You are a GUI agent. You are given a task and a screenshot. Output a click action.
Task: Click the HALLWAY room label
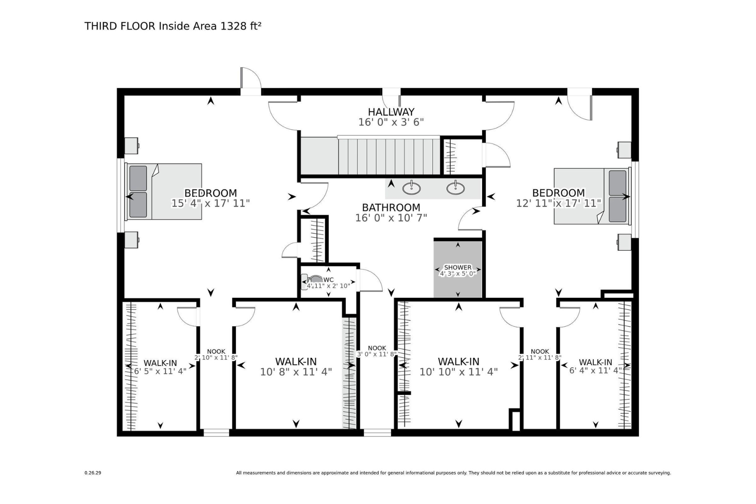pos(391,112)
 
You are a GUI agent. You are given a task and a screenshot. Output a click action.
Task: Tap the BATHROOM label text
pos(391,207)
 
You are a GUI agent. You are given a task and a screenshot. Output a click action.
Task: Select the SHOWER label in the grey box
pos(458,267)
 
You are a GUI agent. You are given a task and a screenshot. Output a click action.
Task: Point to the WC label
pos(329,280)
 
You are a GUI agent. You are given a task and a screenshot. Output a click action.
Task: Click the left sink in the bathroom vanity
pos(412,188)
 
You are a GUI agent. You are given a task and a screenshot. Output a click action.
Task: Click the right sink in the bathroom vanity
pos(456,188)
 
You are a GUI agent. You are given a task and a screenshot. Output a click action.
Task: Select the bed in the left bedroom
pos(164,191)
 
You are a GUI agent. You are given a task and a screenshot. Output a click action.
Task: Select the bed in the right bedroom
pos(592,196)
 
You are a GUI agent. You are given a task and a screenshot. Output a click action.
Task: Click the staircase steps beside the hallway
pos(389,155)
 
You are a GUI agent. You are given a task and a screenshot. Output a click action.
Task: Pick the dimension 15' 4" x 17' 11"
pos(210,203)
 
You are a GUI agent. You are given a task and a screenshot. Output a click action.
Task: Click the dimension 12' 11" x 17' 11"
pos(559,203)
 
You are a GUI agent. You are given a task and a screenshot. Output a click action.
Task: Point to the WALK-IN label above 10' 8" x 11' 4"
pos(296,362)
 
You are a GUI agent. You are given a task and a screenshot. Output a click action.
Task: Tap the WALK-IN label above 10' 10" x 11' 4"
pos(459,362)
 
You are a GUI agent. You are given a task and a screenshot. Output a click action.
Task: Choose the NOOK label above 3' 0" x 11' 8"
pos(377,348)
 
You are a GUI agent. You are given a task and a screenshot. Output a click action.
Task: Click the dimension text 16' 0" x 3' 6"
pos(391,122)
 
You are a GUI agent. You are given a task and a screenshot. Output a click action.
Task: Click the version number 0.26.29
pos(93,473)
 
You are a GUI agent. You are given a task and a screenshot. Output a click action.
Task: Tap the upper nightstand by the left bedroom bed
pos(131,145)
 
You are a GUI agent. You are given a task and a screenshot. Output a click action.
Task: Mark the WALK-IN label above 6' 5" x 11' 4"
pos(160,363)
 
